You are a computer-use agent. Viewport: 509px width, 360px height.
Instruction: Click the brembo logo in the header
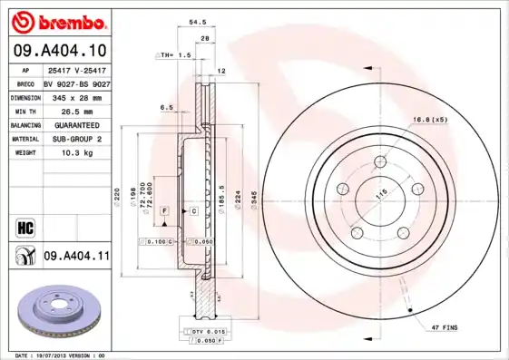pos(56,21)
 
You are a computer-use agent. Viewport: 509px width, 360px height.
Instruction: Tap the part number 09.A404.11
pos(76,258)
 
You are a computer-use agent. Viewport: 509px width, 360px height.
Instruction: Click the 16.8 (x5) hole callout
pos(429,119)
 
